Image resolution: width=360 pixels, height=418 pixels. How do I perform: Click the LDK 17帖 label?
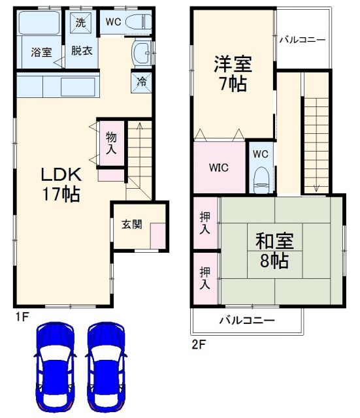click(61, 184)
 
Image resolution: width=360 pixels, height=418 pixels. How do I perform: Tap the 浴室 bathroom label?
click(41, 53)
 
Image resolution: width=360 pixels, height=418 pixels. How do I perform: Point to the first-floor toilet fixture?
click(138, 21)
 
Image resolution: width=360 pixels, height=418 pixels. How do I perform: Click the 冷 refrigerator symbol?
click(142, 82)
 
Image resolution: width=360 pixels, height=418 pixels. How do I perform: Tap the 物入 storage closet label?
click(112, 143)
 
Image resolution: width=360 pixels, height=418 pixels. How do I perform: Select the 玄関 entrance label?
click(131, 224)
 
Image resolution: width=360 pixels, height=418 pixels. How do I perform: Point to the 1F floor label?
click(22, 319)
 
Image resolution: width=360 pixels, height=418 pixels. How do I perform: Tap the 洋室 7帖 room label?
click(233, 74)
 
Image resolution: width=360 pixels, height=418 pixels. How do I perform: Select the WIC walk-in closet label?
click(218, 167)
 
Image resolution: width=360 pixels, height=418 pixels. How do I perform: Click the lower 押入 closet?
click(206, 278)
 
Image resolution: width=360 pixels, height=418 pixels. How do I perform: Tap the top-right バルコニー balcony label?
click(302, 40)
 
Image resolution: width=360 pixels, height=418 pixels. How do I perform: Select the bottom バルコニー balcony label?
click(246, 321)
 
